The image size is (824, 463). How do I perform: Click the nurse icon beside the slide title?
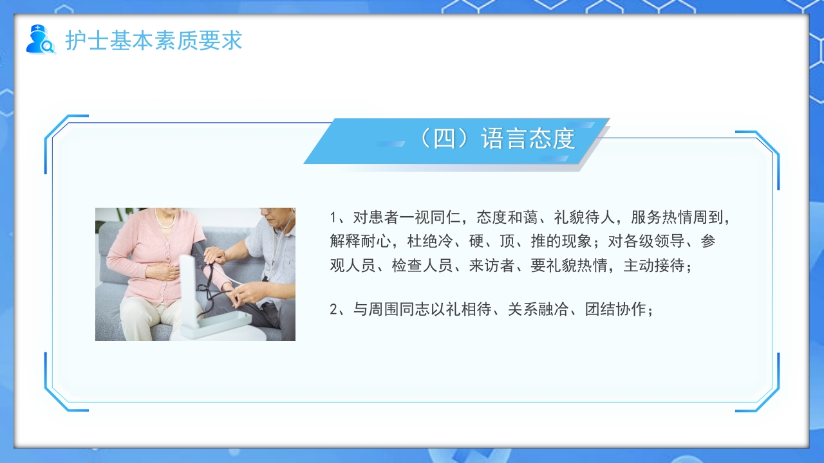tap(40, 39)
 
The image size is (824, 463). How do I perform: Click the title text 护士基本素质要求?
tap(154, 41)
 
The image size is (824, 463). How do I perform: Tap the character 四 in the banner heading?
tap(444, 139)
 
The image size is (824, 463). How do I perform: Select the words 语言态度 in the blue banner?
tap(527, 139)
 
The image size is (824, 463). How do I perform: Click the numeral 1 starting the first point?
tap(333, 217)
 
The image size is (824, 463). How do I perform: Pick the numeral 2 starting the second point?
tap(333, 309)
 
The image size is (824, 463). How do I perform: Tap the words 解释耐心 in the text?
tap(360, 241)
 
